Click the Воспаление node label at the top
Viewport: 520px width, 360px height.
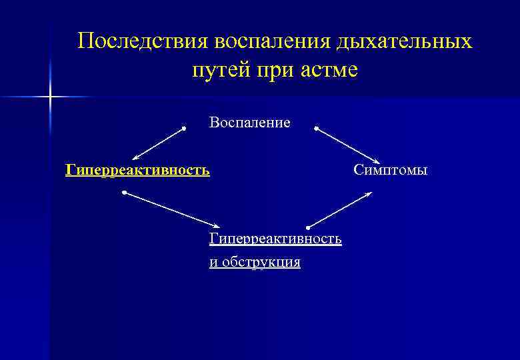(x=249, y=123)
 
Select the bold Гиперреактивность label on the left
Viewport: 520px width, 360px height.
(x=137, y=170)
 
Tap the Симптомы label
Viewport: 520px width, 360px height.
(x=390, y=170)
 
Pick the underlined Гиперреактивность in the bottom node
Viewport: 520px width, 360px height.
(x=275, y=239)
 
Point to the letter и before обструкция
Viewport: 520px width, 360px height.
(x=213, y=263)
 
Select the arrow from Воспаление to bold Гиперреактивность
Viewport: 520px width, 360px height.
(x=158, y=143)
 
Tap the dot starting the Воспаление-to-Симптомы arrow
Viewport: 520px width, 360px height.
(x=316, y=127)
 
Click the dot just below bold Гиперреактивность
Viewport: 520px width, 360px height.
(x=125, y=193)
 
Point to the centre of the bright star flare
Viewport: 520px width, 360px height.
(x=51, y=97)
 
